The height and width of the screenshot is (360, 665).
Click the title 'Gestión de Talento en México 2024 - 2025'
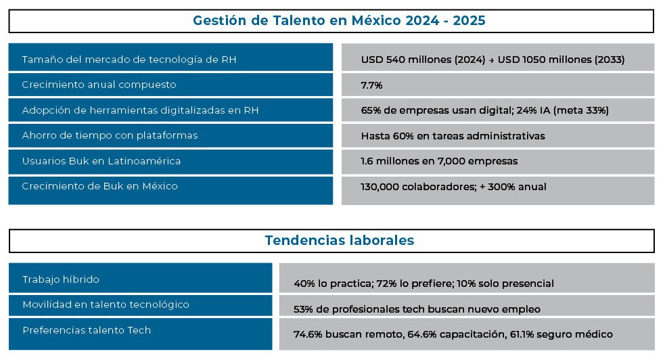coord(339,20)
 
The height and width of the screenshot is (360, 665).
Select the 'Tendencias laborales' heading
coord(339,240)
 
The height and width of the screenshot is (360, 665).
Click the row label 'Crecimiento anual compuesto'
coord(99,85)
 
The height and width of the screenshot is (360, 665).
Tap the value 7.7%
coord(372,85)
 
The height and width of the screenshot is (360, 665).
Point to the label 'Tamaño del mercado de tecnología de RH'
coord(129,60)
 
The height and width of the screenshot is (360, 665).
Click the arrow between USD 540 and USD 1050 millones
coord(491,60)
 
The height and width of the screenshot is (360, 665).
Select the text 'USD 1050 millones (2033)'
coord(561,60)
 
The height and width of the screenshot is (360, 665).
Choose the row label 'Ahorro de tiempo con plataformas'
coord(110,135)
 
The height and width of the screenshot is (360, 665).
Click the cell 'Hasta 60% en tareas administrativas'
coord(453,136)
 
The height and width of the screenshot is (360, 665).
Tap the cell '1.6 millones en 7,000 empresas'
coord(439,162)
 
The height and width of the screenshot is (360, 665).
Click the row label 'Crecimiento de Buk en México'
coord(99,186)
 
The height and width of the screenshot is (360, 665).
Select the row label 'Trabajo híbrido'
coord(61,279)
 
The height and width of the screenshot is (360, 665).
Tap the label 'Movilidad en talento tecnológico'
coord(106,305)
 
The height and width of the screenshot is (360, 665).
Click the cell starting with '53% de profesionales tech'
coord(417,309)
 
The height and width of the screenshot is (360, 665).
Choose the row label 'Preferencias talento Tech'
coord(87,330)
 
